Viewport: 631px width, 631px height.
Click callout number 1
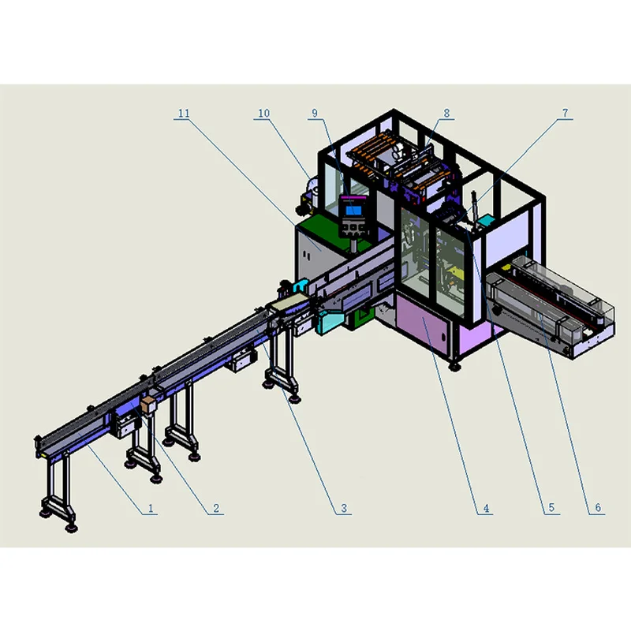coord(151,508)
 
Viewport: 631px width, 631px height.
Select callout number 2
coord(216,508)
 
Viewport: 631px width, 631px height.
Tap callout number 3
coord(344,508)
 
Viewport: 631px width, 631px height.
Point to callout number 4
coord(486,508)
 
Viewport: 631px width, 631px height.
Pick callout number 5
coord(551,508)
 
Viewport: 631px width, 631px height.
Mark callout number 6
coord(598,508)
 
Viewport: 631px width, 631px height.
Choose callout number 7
coord(565,113)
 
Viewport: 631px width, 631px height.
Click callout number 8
coord(446,113)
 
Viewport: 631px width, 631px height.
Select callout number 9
coord(315,113)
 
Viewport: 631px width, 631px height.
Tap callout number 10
coord(263,113)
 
